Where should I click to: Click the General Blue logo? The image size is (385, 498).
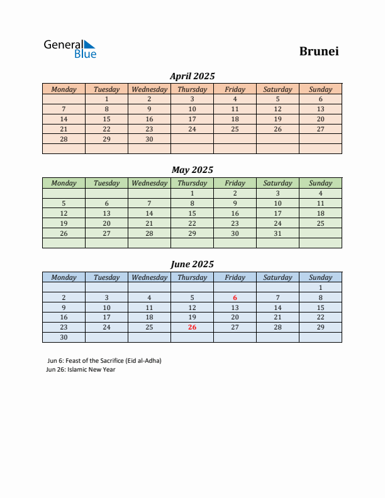(x=70, y=49)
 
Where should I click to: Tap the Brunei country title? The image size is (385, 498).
(x=319, y=52)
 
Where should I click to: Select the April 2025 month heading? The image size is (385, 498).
(x=192, y=76)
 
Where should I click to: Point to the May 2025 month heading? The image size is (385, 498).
(x=192, y=170)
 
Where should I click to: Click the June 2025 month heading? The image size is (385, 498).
(x=192, y=264)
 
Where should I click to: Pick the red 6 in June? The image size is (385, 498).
(x=235, y=297)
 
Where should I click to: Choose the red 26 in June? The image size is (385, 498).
(x=192, y=328)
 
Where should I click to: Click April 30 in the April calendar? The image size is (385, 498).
(x=149, y=139)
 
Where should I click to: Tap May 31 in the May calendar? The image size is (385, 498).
(x=277, y=233)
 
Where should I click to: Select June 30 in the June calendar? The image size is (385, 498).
(x=64, y=338)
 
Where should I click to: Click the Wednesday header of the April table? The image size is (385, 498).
(x=149, y=89)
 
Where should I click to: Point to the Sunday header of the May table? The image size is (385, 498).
(x=320, y=183)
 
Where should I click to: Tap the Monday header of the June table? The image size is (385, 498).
(x=64, y=277)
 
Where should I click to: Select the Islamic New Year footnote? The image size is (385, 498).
(x=81, y=370)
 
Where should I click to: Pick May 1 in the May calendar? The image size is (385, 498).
(x=192, y=193)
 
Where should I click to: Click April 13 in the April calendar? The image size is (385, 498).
(x=320, y=109)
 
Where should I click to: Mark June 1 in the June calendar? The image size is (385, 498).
(x=320, y=287)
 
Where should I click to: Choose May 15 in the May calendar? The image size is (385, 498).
(x=192, y=213)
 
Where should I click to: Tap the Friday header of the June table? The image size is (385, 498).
(x=235, y=277)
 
